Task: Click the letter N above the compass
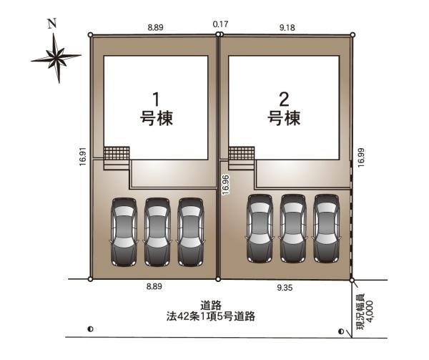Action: (52, 24)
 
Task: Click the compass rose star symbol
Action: (56, 58)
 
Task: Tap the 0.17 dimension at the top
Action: (220, 24)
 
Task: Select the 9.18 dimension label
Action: (287, 28)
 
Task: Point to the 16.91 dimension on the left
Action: (83, 157)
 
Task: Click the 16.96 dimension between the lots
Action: (226, 185)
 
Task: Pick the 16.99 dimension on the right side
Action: (361, 157)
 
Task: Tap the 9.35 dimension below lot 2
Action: (285, 288)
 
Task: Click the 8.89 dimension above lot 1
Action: (155, 27)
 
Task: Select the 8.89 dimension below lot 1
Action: (154, 286)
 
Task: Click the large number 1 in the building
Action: (156, 99)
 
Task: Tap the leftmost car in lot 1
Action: (124, 232)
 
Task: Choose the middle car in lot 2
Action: (293, 229)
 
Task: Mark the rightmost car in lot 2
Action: (327, 229)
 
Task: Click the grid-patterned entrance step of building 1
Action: (117, 153)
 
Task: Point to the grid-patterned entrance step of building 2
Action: (242, 153)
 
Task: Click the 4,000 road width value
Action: (369, 311)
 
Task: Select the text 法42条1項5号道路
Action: (211, 316)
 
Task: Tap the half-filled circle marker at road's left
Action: (91, 329)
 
